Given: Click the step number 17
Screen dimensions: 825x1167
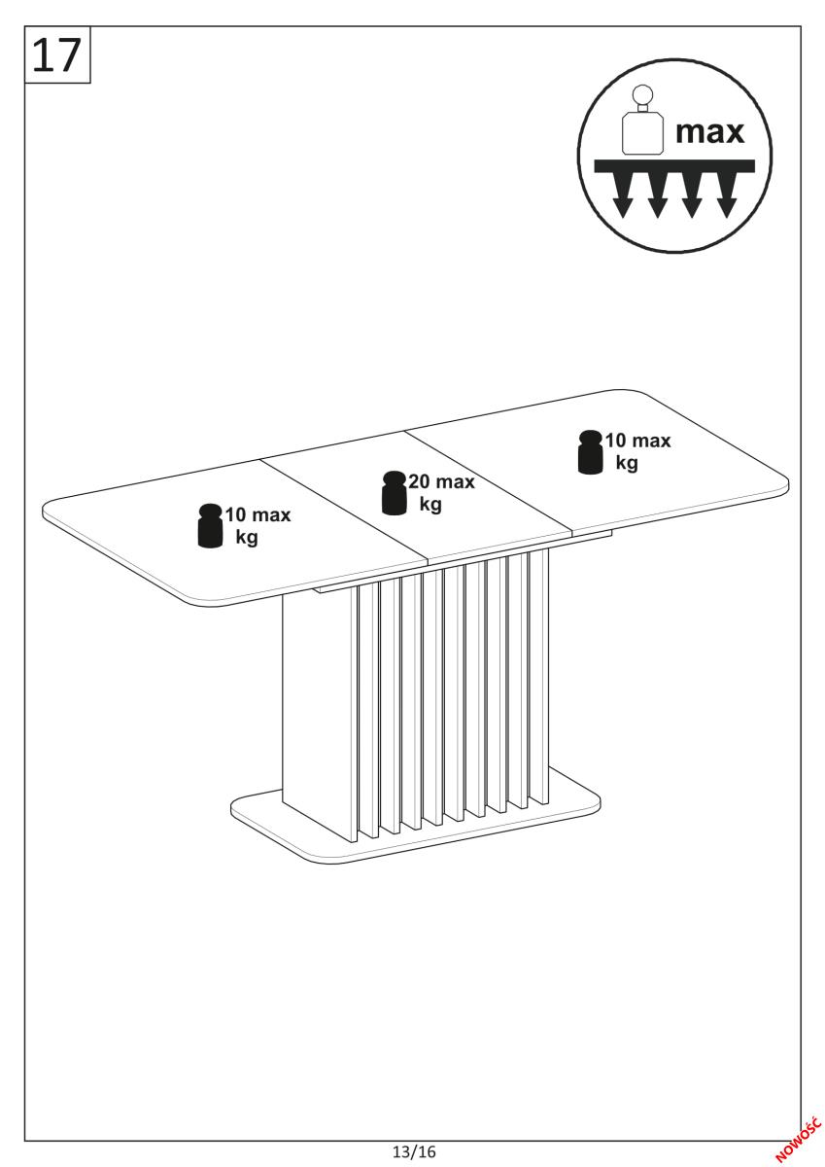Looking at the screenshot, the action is click(x=56, y=54).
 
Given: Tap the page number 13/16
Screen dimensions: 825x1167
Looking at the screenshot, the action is click(x=414, y=1150).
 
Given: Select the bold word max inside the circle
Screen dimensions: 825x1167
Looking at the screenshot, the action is click(x=709, y=132).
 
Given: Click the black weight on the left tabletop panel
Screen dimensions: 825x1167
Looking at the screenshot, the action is click(x=210, y=525).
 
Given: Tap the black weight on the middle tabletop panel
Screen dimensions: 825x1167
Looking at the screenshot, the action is click(x=394, y=492).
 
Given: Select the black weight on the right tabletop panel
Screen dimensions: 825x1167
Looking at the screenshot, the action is click(x=590, y=451).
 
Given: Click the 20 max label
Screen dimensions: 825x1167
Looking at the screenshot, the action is click(x=441, y=482).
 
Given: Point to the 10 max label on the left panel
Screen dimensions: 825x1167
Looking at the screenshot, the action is click(x=258, y=514).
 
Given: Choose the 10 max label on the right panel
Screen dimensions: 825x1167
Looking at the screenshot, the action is click(x=637, y=441).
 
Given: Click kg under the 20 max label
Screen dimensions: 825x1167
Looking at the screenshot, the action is click(x=430, y=505).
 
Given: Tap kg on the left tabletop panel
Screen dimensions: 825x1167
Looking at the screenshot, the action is click(x=247, y=537).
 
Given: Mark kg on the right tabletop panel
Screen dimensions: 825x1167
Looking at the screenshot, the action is click(x=627, y=463).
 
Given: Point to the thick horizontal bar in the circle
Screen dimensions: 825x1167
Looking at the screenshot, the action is click(x=674, y=165).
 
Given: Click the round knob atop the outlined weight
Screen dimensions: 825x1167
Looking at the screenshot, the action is click(x=643, y=94).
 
